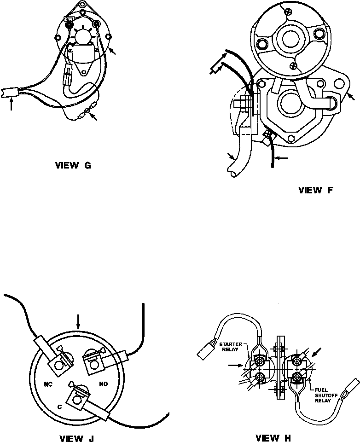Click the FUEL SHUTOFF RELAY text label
coord(325,394)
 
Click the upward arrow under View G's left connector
coord(12,104)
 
